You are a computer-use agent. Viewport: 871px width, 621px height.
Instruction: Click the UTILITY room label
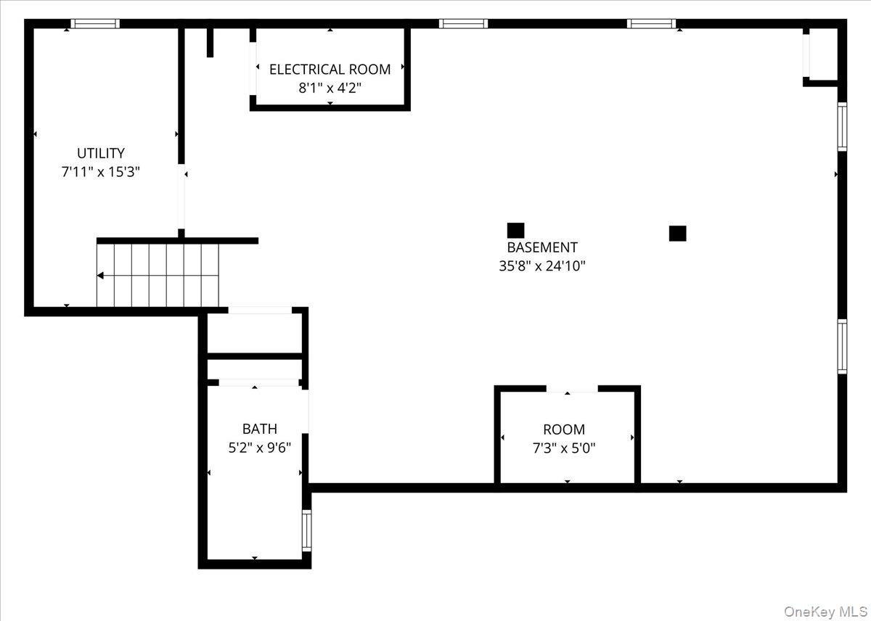(101, 153)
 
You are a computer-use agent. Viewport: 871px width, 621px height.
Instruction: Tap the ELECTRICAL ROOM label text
(330, 70)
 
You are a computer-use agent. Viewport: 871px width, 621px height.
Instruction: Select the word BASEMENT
(542, 247)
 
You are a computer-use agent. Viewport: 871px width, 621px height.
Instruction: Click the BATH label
(259, 429)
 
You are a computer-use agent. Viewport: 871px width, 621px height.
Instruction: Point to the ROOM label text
(564, 429)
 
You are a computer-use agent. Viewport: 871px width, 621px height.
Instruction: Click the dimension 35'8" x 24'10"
(542, 266)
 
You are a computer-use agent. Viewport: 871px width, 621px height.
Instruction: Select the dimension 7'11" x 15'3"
(101, 172)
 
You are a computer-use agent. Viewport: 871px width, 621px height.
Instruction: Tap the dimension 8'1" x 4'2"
(330, 89)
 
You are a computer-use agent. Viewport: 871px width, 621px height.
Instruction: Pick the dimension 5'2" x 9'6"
(259, 448)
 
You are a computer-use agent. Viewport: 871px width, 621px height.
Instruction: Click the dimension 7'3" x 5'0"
(564, 448)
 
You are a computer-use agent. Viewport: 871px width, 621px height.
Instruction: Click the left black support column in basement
(515, 231)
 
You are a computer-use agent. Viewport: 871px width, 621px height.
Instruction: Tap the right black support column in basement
(677, 233)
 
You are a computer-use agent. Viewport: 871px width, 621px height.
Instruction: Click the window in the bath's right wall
(306, 530)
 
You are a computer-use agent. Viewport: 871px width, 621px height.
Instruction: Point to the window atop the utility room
(95, 24)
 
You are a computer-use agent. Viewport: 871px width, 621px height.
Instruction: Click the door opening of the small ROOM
(572, 390)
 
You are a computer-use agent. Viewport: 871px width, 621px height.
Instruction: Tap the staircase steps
(158, 276)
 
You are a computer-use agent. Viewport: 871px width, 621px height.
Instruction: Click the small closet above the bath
(254, 333)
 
